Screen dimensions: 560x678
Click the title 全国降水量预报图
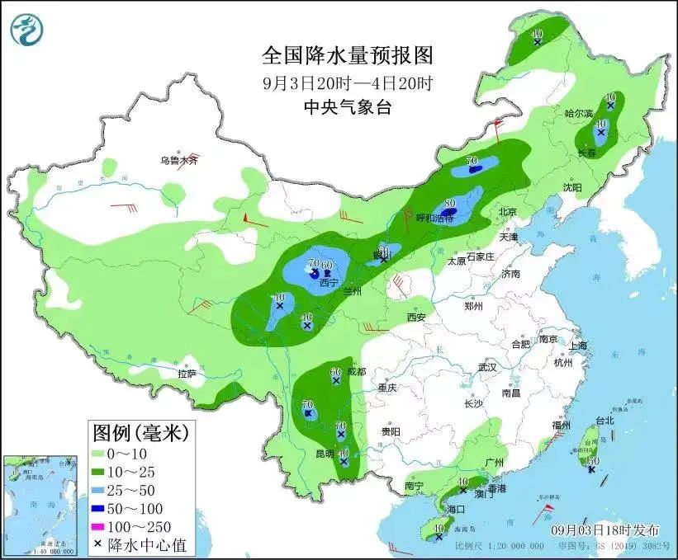point(347,56)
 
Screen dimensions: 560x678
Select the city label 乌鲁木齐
point(179,160)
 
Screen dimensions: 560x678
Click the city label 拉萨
point(187,374)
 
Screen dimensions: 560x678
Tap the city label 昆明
point(325,454)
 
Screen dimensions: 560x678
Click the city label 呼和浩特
point(434,218)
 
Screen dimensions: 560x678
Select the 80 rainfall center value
point(450,202)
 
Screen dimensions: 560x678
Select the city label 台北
point(605,420)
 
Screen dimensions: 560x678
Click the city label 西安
point(415,317)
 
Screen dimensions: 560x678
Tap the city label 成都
point(355,372)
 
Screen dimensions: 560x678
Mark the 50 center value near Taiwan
point(593,460)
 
